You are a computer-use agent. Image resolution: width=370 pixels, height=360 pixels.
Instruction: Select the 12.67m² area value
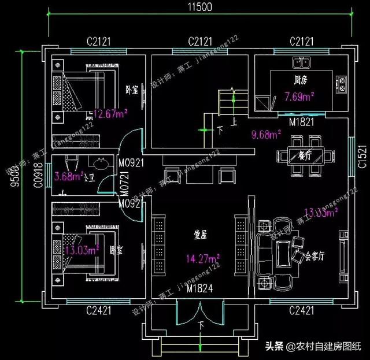click(x=110, y=114)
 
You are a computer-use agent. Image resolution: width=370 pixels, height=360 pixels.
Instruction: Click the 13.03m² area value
click(x=82, y=250)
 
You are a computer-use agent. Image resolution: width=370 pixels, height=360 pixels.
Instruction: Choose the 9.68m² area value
click(x=266, y=136)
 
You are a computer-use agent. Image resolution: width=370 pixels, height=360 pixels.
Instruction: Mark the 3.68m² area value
click(x=69, y=177)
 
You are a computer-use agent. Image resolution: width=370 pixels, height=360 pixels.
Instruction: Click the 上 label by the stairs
click(x=234, y=122)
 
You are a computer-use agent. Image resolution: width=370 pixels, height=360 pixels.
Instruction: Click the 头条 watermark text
click(x=275, y=347)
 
